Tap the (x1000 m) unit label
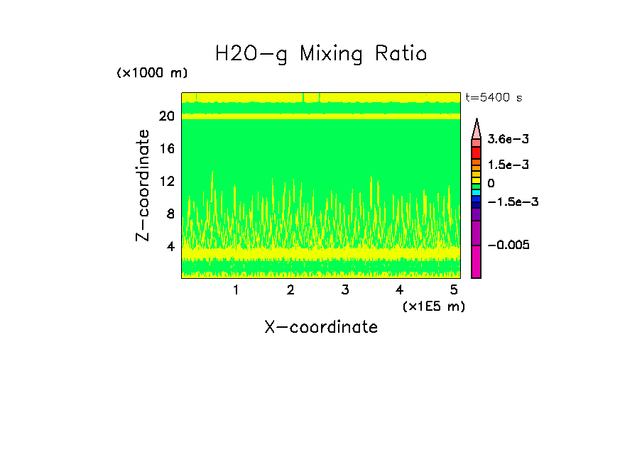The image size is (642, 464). [151, 74]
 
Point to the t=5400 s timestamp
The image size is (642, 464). [494, 98]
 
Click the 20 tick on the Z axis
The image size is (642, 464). [167, 116]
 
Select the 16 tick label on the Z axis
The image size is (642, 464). [167, 149]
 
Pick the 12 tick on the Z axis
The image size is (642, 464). [167, 182]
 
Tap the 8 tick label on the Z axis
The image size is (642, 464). [170, 214]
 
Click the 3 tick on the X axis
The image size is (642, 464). [344, 290]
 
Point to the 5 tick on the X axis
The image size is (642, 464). [454, 290]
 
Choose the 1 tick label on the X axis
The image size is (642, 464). [236, 290]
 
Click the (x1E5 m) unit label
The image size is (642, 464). [434, 306]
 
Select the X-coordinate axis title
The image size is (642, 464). [321, 327]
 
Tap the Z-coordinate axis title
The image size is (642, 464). [143, 184]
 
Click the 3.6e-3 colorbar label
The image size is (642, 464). [502, 141]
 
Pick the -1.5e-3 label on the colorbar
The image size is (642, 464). [508, 202]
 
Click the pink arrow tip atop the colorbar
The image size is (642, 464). [477, 127]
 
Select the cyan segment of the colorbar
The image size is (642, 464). [477, 193]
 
